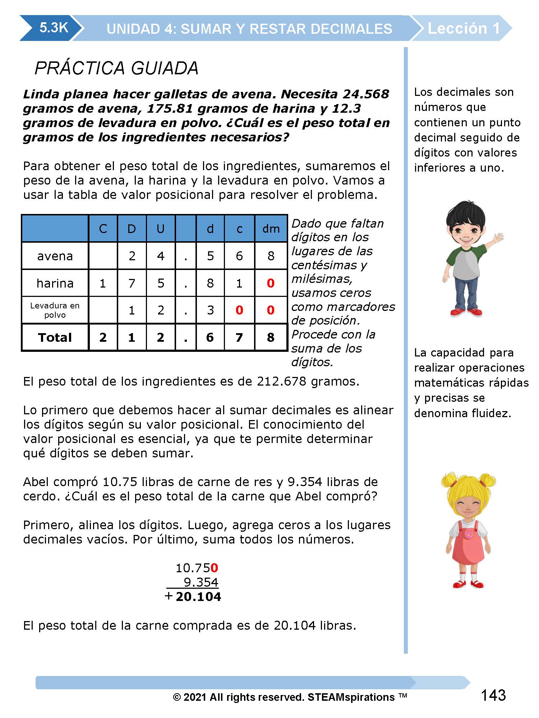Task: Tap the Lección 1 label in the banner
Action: click(x=464, y=28)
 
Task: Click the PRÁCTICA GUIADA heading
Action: click(x=116, y=68)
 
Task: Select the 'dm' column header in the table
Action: click(x=271, y=229)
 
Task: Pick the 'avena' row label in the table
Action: click(x=55, y=256)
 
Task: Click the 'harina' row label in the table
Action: click(x=55, y=283)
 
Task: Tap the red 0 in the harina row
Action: click(x=271, y=283)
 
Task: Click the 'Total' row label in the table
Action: click(x=55, y=337)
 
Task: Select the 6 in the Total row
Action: click(x=210, y=337)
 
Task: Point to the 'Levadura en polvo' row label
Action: click(x=55, y=310)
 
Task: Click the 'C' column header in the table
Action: click(x=103, y=229)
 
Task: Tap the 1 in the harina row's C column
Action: click(x=103, y=283)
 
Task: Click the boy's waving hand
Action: click(x=498, y=238)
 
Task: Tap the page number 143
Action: click(x=493, y=695)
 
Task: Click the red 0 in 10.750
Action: click(x=215, y=568)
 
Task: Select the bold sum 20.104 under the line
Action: click(x=198, y=597)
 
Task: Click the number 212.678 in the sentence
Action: click(x=281, y=381)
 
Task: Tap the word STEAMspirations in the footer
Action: click(x=351, y=697)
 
